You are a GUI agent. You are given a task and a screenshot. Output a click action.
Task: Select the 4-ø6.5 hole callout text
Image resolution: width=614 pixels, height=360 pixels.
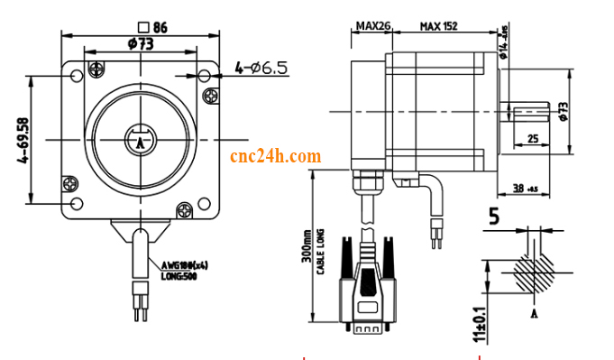[261, 68]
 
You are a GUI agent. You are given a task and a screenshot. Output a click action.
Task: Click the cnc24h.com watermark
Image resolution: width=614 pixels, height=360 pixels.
[276, 156]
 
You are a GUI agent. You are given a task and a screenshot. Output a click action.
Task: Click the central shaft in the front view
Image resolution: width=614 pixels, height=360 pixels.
[140, 140]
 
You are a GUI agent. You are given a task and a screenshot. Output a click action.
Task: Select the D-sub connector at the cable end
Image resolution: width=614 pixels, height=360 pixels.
[368, 302]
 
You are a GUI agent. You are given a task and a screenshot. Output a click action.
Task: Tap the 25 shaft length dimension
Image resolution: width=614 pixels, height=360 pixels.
[532, 138]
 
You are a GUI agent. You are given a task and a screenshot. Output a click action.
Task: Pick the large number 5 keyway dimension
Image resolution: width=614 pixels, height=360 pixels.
[493, 216]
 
